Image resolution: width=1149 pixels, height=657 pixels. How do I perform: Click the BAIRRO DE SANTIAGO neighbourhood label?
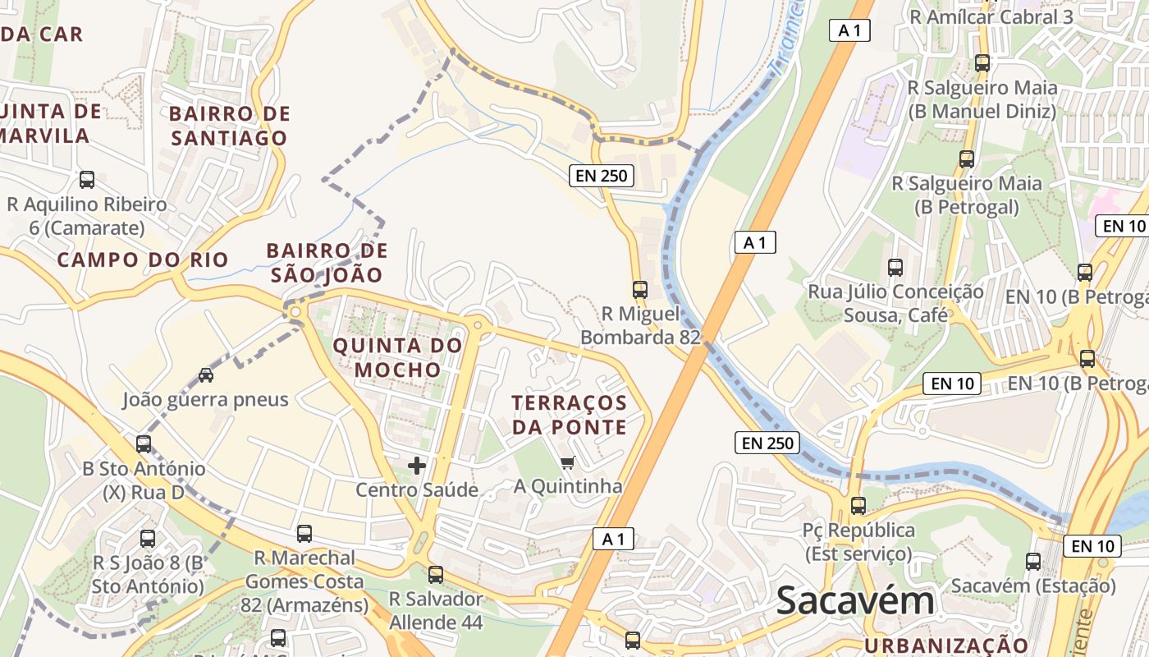point(230,126)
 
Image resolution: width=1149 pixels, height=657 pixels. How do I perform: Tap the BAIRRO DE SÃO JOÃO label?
point(327,263)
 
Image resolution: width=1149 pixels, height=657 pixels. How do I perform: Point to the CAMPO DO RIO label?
point(143,260)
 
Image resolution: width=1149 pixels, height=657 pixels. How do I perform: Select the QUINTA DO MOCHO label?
point(398,358)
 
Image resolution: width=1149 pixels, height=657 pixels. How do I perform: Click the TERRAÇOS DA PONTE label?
point(570,415)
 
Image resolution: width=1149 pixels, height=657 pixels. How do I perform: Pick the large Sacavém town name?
point(855,600)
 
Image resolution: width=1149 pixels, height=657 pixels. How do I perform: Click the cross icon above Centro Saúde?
point(417,466)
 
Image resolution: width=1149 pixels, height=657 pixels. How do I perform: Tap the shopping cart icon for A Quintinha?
point(568,462)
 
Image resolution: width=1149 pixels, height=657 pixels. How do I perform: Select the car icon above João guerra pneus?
point(206,375)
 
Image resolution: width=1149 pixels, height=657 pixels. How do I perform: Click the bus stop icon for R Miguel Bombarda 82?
point(640,289)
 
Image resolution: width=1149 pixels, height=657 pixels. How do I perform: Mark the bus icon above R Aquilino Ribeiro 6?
point(87,179)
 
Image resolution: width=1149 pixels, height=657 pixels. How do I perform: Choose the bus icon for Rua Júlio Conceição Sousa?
point(895,267)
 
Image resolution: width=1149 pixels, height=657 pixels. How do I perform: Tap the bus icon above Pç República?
point(858,505)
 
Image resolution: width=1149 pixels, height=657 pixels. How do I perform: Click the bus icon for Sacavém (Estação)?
point(1033,562)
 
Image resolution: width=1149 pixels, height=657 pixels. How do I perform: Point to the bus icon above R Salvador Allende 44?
point(436,574)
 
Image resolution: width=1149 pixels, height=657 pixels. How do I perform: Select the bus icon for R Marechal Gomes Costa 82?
point(304,533)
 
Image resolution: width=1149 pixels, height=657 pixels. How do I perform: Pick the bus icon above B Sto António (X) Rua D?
point(144,443)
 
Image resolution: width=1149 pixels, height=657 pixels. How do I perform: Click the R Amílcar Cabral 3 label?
point(991,16)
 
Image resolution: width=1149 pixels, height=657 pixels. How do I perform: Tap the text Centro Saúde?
point(417,490)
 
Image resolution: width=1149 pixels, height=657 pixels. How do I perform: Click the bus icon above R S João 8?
point(148,539)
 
